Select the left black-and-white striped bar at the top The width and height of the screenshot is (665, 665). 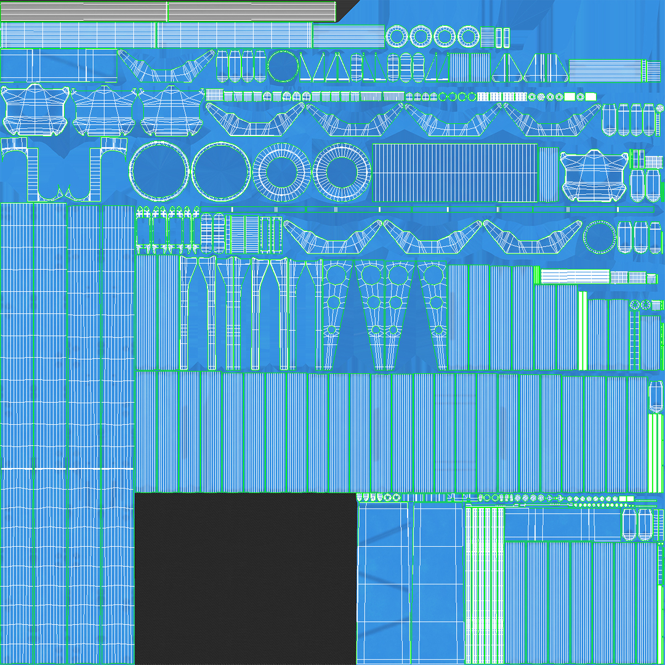point(84,11)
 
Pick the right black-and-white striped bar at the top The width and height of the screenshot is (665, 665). point(251,11)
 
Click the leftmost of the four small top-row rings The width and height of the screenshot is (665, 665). point(397,37)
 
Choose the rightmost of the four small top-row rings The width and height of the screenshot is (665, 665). point(468,37)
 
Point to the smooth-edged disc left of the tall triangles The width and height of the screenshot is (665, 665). point(283,66)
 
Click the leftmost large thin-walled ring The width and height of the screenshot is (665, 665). point(159,171)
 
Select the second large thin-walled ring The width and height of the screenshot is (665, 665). point(221,171)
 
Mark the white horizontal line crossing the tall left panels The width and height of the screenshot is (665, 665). point(66,469)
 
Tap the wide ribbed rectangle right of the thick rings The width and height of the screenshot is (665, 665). point(454,172)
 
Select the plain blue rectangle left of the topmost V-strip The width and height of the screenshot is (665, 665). point(58,65)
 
